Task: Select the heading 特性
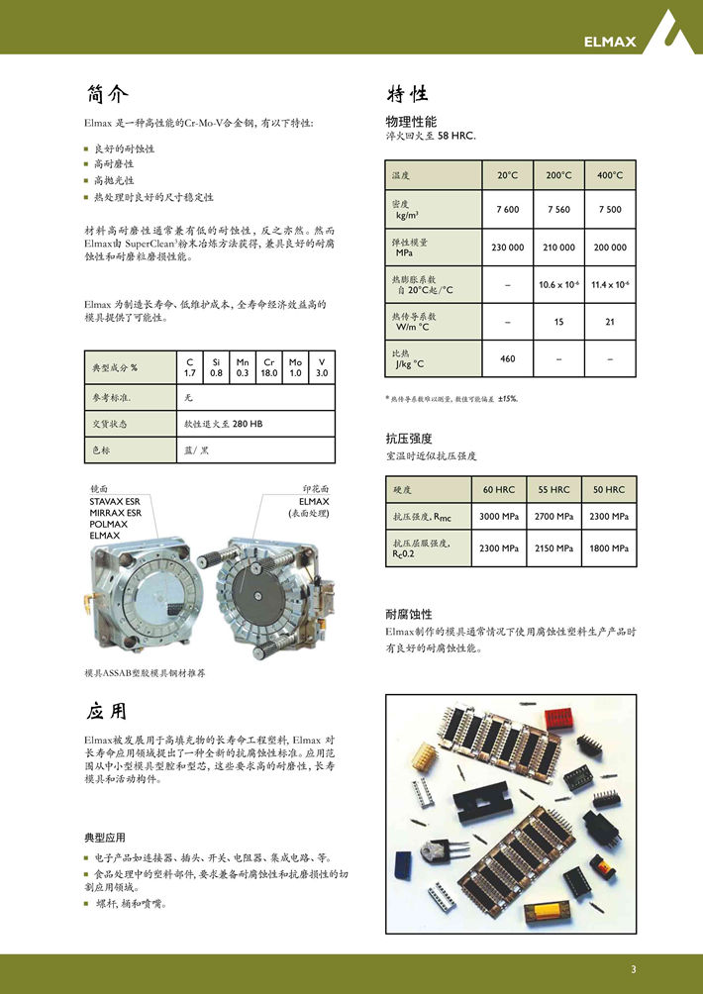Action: (x=406, y=94)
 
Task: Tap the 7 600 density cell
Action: (x=507, y=210)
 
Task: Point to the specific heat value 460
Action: (x=507, y=358)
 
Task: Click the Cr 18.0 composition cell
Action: (x=268, y=367)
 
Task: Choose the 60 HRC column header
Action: (x=499, y=490)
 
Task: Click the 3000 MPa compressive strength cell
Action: (x=499, y=517)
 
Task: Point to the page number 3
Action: (x=633, y=968)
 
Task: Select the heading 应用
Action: (x=107, y=711)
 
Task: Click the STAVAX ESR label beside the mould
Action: (x=115, y=502)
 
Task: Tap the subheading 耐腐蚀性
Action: (x=408, y=614)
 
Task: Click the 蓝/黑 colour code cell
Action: (x=196, y=449)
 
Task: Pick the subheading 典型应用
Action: (x=105, y=837)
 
